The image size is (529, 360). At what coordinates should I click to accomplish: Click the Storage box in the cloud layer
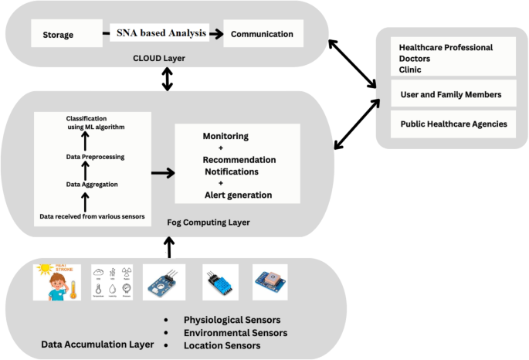pos(59,34)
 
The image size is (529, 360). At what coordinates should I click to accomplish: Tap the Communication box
pos(263,34)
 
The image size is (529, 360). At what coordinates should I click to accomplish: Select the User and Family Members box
pos(452,94)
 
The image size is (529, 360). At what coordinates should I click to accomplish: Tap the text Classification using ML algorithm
pos(95,121)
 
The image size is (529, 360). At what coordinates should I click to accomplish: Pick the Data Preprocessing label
pos(95,157)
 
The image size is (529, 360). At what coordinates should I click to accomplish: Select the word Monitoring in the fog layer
pos(226,137)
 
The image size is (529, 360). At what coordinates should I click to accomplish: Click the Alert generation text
pos(238,195)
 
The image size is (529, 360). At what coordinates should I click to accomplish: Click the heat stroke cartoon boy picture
pos(57,282)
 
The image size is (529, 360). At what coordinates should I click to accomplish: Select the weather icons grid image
pos(110,282)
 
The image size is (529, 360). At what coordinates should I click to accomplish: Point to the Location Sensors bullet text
pos(222,345)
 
